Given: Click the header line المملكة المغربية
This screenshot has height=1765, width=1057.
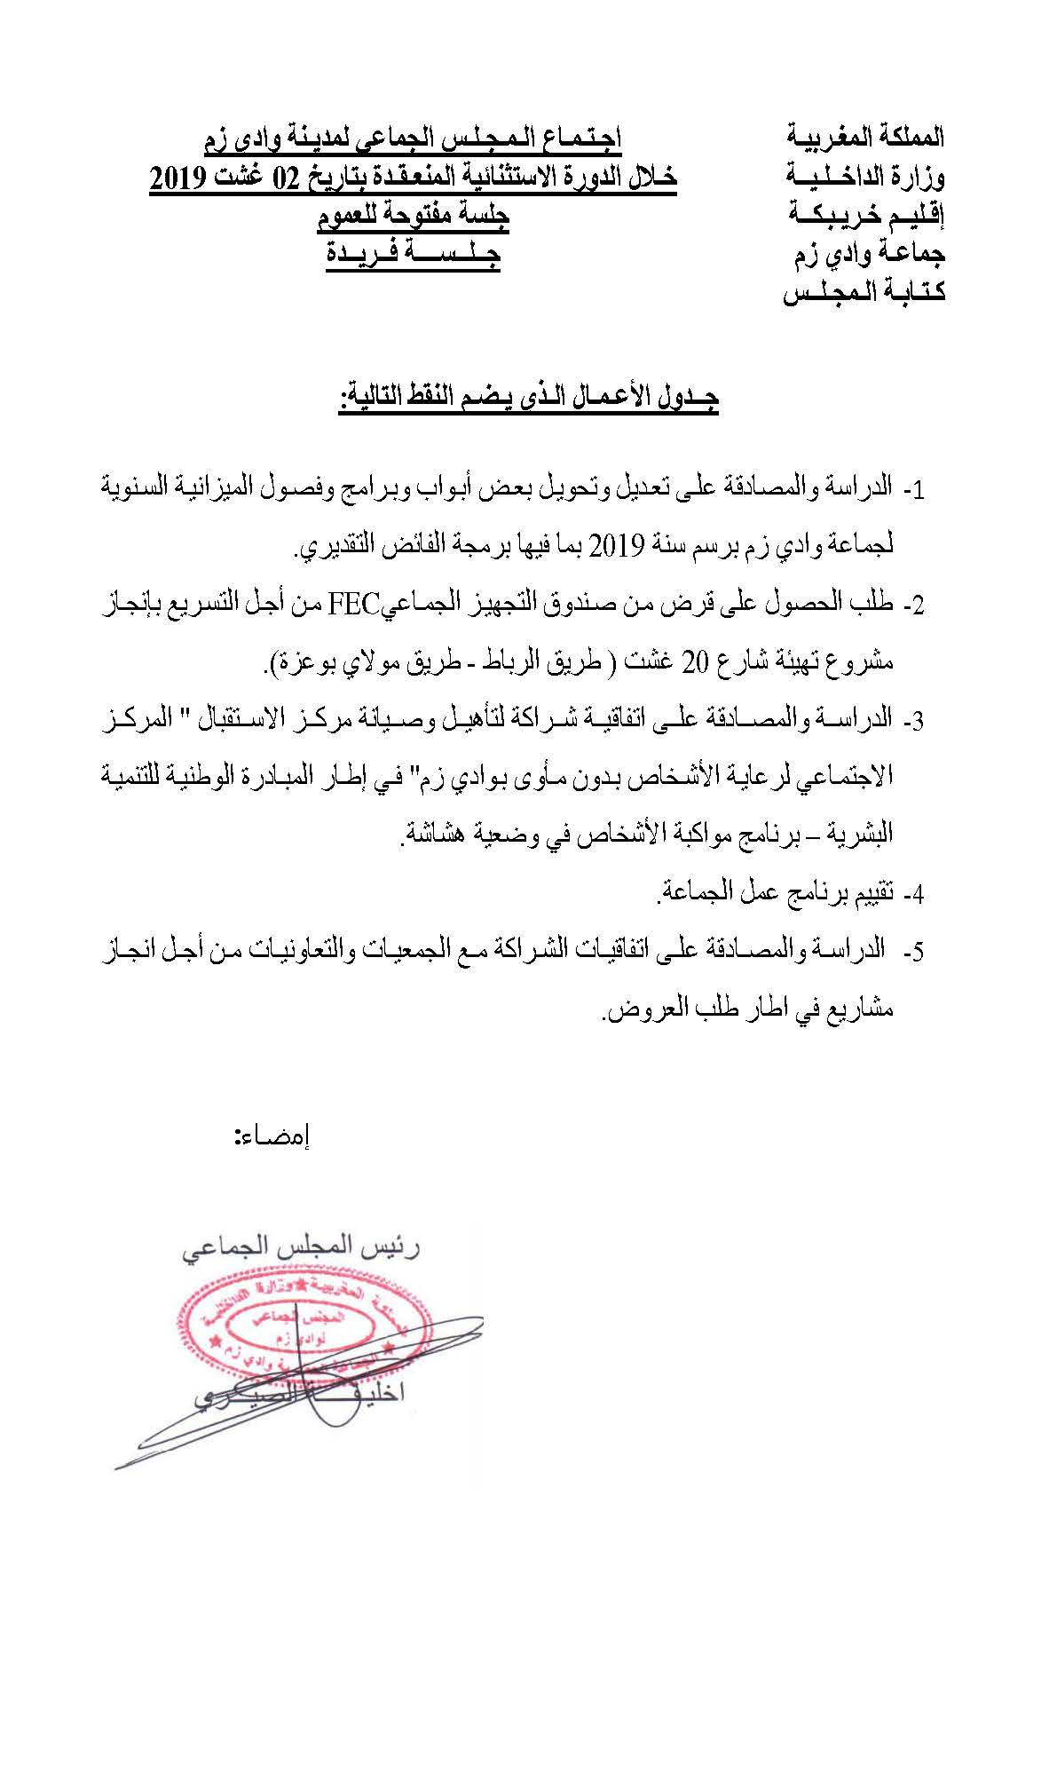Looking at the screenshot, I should pyautogui.click(x=865, y=138).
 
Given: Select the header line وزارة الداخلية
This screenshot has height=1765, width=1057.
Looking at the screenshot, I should pyautogui.click(x=865, y=177).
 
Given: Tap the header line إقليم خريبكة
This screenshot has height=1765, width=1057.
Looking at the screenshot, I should pyautogui.click(x=866, y=215).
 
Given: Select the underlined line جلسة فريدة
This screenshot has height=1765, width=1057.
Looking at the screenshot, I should pyautogui.click(x=413, y=254).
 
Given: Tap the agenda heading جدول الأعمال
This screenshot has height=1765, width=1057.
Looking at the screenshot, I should pyautogui.click(x=528, y=397).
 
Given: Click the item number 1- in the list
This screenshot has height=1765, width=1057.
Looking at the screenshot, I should pyautogui.click(x=913, y=491).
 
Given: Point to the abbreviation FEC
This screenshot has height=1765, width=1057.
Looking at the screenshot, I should pyautogui.click(x=354, y=605).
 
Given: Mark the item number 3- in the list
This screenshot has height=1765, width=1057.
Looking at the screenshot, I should pyautogui.click(x=913, y=721).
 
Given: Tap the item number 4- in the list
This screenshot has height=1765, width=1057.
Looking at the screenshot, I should pyautogui.click(x=913, y=894).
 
